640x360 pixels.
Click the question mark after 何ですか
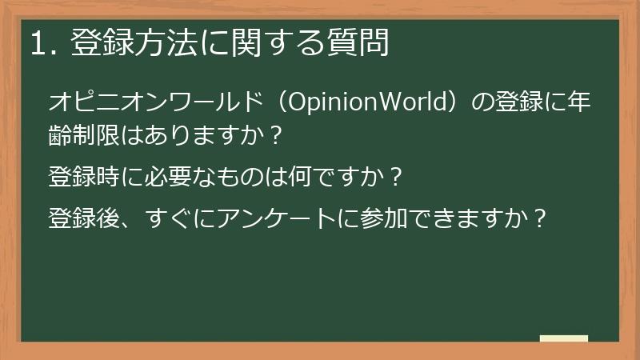point(394,175)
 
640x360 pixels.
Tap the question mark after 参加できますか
point(541,218)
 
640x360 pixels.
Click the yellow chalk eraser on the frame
point(564,338)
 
